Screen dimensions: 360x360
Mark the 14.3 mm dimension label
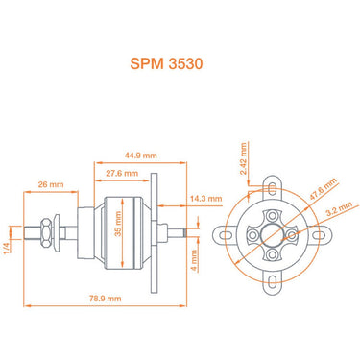coord(205,198)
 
